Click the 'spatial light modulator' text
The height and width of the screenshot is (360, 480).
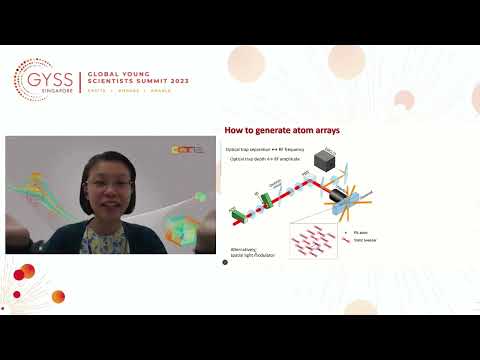click(252, 254)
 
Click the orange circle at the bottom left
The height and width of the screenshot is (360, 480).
click(58, 296)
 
